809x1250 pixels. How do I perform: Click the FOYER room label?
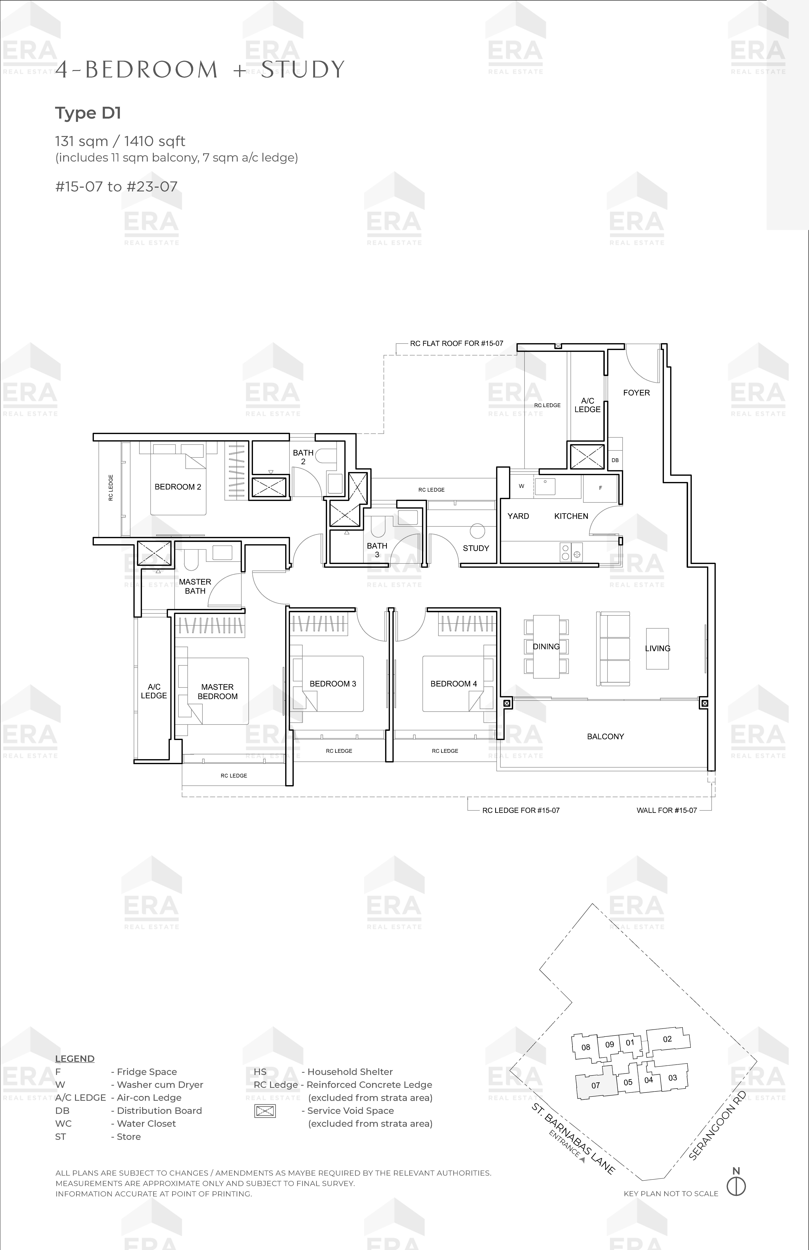(636, 393)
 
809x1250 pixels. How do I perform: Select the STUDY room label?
(476, 548)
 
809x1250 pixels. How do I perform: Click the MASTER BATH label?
(195, 586)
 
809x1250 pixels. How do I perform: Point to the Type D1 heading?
(88, 113)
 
